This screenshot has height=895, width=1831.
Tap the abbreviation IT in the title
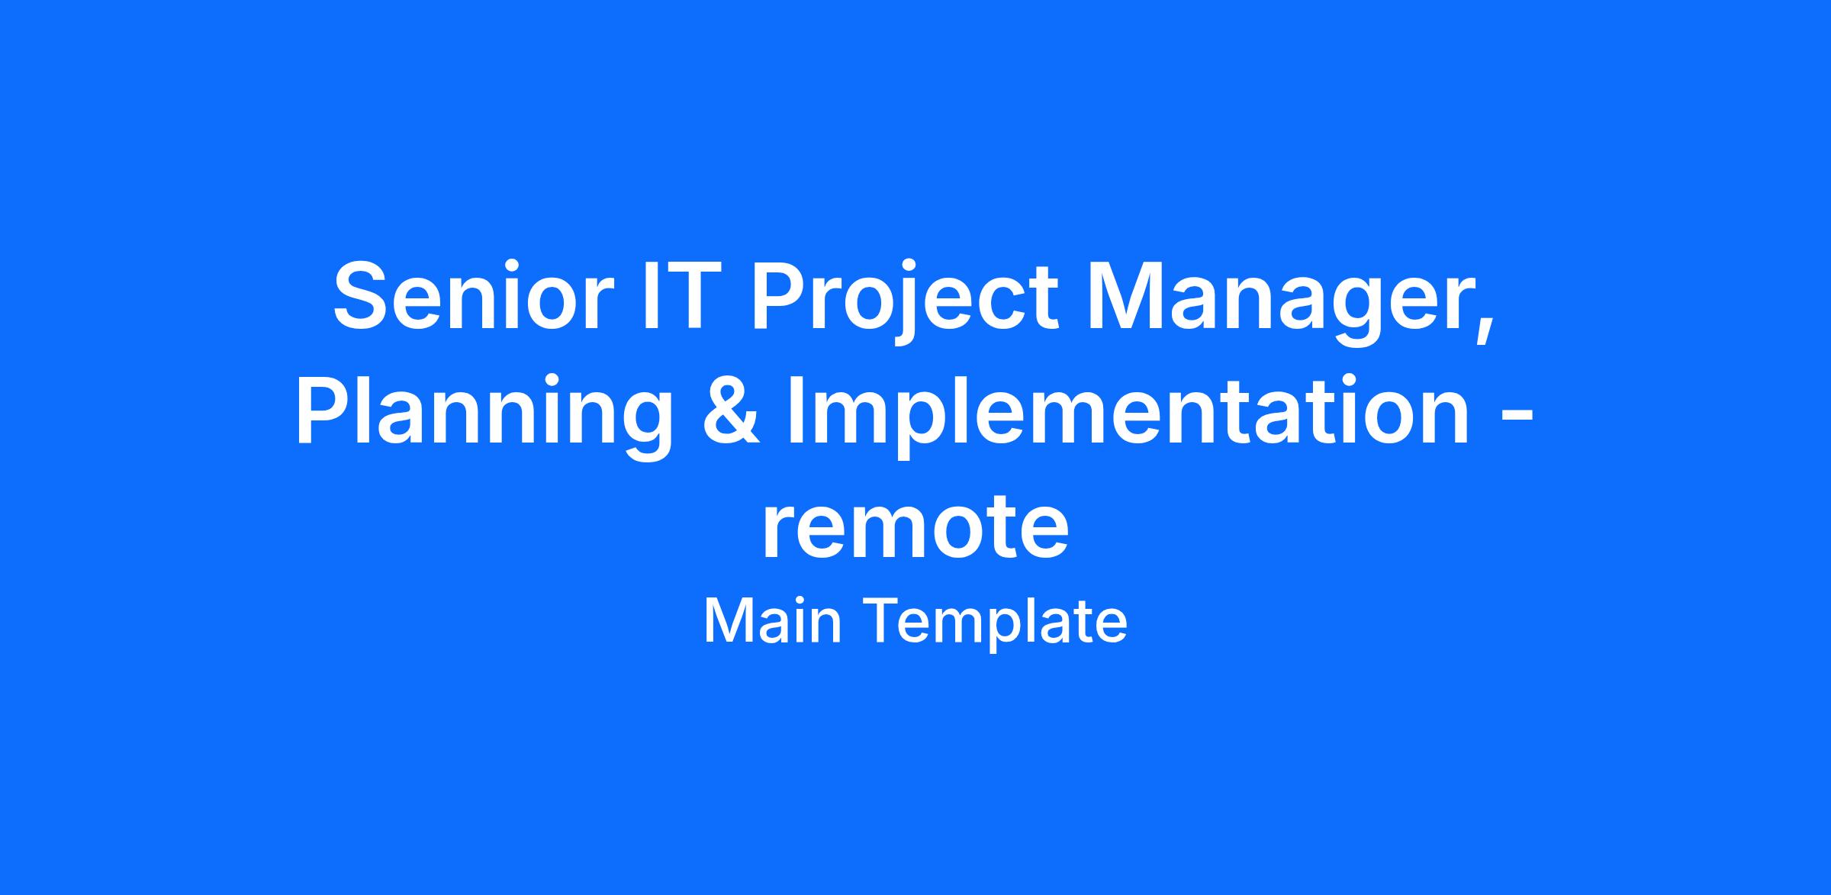coord(677,296)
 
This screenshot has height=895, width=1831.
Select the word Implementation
coord(1128,417)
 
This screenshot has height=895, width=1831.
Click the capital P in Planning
coord(325,410)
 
